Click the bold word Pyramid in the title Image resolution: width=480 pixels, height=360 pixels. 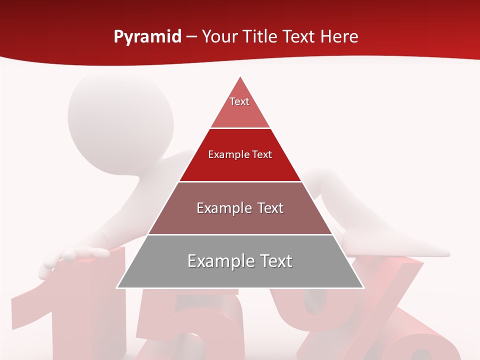(x=147, y=37)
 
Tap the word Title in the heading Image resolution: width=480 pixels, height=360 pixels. (x=259, y=36)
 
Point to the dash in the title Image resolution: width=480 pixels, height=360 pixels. (x=191, y=37)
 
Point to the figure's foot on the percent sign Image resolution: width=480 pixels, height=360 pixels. (x=400, y=247)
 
